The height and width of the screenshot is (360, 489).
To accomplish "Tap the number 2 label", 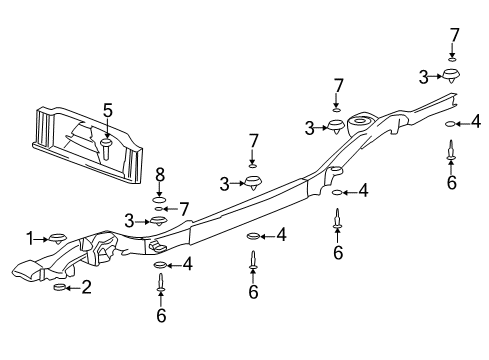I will coord(87,288).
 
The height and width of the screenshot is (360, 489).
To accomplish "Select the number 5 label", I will coord(107,110).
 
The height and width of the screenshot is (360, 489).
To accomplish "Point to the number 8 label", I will coord(159,174).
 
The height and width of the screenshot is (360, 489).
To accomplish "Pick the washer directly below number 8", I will coord(158,198).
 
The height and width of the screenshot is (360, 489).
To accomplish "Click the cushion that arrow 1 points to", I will coord(57,238).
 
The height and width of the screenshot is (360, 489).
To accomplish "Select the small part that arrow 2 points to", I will coord(58,288).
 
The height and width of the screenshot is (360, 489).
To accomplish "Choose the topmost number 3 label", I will coord(423,75).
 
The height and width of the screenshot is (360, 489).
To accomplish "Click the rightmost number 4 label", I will coord(475,123).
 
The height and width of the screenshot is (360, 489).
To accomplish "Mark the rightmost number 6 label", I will coord(452,183).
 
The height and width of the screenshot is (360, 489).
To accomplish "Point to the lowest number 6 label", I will coord(160,316).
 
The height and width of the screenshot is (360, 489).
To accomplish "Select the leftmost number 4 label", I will coord(187,265).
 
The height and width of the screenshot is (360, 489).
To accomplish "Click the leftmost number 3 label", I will coord(129,220).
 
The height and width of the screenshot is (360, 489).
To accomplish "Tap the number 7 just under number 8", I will coord(183,208).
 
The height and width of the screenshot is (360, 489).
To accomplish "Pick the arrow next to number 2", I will coord(73,288).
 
